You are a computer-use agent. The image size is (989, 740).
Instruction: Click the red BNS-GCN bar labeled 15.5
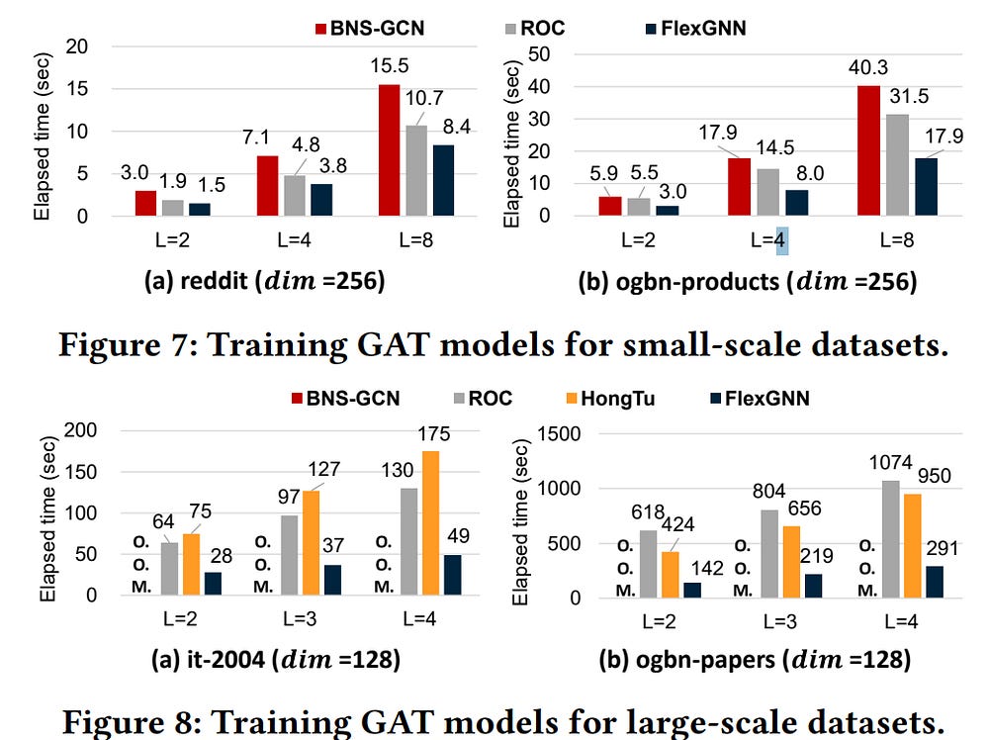pyautogui.click(x=389, y=150)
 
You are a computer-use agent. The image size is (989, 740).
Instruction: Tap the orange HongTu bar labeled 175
pyautogui.click(x=429, y=523)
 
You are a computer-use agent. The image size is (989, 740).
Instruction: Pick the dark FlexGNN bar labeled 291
pyautogui.click(x=935, y=582)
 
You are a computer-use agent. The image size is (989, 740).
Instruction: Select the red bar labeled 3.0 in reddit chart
pyautogui.click(x=145, y=204)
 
